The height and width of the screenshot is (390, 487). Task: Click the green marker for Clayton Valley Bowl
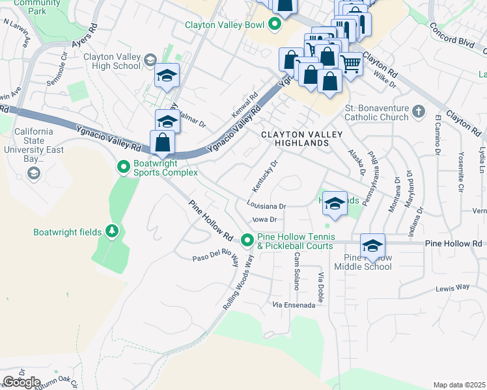coord(274,25)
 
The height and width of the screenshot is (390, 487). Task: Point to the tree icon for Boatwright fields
coord(112,231)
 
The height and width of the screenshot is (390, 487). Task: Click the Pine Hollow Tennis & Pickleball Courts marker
coord(247,240)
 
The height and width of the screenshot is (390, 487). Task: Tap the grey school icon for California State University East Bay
coord(33,173)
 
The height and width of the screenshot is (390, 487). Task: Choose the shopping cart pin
coord(351,64)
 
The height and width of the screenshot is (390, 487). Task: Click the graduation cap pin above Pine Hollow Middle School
coord(373,246)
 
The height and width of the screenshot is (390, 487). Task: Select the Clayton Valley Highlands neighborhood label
coord(292,138)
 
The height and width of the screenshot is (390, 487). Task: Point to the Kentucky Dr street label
coord(265,175)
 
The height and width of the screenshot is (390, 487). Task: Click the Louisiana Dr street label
coord(267,205)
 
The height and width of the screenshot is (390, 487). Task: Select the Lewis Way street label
coord(453,287)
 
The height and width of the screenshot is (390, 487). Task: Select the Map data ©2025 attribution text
coord(459,385)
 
